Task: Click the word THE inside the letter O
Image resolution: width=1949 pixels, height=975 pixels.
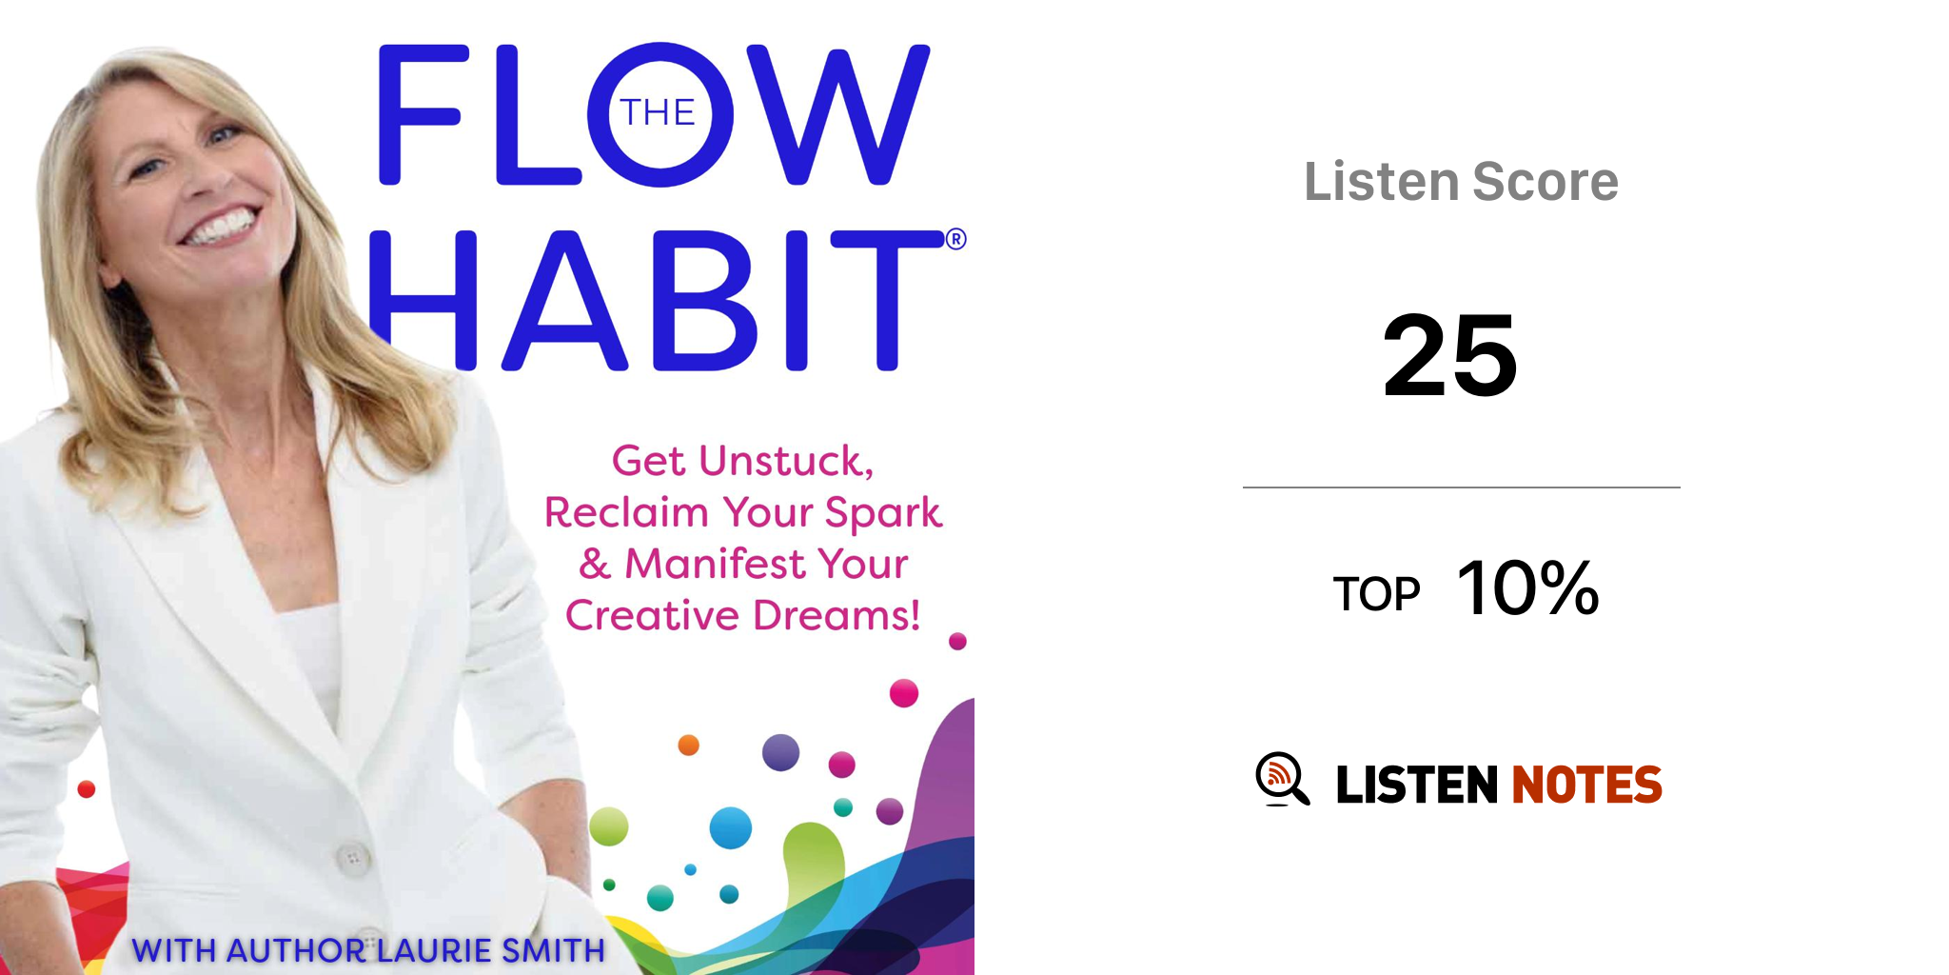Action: pos(658,113)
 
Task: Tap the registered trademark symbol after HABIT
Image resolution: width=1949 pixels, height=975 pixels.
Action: pos(955,239)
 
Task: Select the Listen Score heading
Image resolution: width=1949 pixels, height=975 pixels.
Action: pos(1461,181)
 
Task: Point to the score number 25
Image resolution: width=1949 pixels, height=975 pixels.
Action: pos(1450,355)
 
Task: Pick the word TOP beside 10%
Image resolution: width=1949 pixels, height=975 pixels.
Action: pos(1376,594)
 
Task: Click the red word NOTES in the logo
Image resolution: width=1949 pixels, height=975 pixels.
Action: pos(1586,785)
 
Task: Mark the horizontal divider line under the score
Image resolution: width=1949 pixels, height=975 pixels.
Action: pos(1461,487)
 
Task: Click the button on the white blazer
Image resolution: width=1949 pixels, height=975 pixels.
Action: pos(352,857)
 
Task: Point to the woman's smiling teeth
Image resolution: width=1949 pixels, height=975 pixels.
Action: pos(222,228)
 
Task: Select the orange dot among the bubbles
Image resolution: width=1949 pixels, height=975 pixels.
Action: pos(688,745)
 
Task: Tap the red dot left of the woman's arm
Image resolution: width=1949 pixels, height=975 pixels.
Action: pos(87,788)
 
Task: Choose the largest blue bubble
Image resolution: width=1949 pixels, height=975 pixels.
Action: pos(731,827)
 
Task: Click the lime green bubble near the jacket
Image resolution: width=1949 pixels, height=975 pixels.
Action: pos(609,826)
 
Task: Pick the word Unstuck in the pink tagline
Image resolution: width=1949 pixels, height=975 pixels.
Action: pos(786,461)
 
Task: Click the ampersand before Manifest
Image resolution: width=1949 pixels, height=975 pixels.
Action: pos(595,564)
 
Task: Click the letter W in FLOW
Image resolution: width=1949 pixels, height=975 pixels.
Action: pos(837,114)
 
